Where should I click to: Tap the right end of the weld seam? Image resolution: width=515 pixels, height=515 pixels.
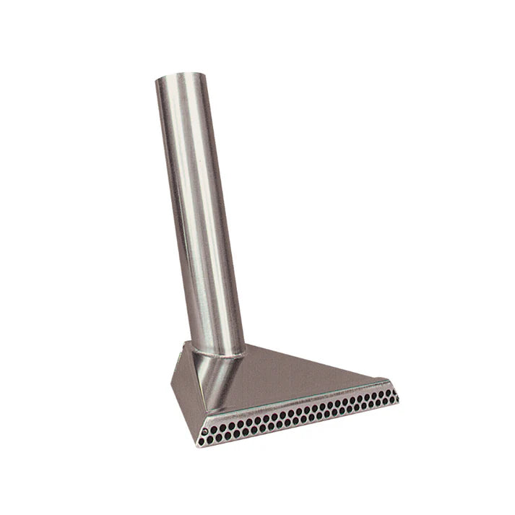pos(244,351)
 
